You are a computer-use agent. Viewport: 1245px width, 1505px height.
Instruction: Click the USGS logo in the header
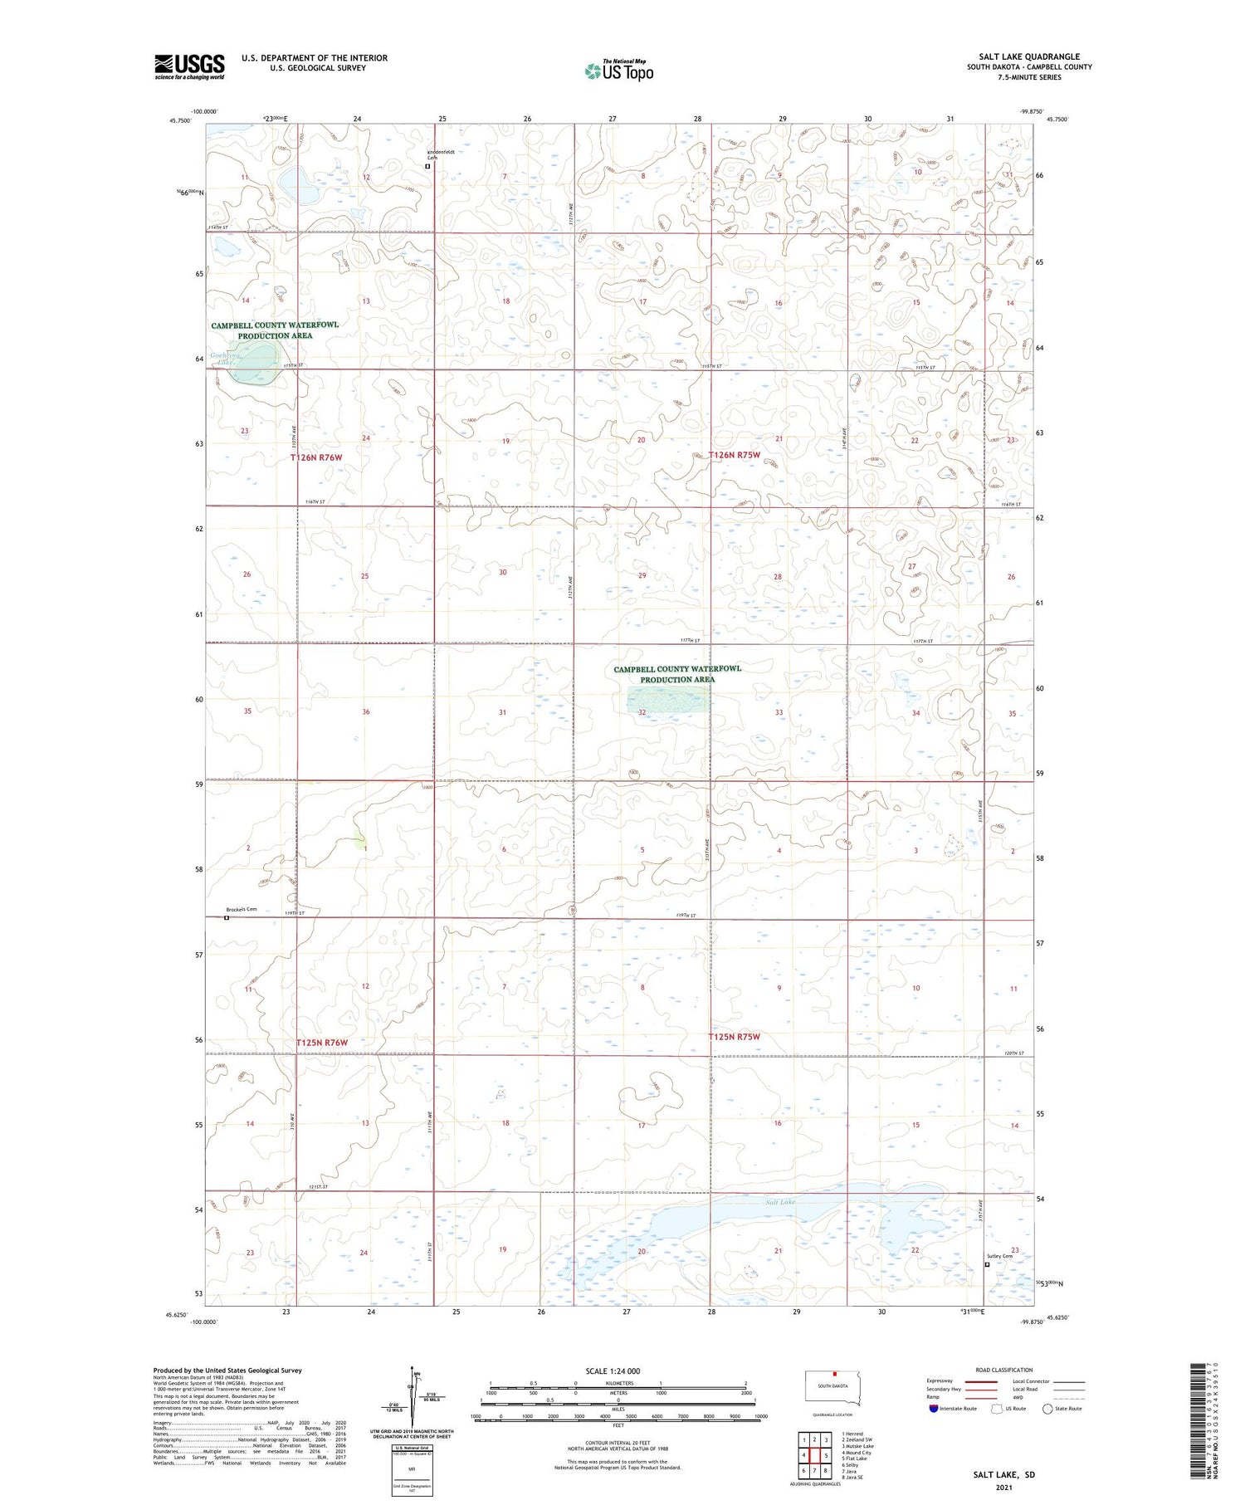click(x=189, y=66)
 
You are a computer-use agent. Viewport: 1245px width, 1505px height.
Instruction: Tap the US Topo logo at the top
click(x=618, y=71)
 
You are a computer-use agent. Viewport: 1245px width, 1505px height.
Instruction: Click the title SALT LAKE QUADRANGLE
click(x=1028, y=56)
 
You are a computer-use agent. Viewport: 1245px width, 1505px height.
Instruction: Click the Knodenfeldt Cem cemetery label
click(x=440, y=154)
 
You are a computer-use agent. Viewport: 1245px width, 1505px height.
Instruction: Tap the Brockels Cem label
click(x=241, y=909)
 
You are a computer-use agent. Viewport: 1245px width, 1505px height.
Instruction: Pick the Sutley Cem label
click(x=1000, y=1256)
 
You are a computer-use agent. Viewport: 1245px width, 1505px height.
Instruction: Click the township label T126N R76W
click(x=316, y=457)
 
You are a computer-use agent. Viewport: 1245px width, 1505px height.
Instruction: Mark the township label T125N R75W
click(x=734, y=1037)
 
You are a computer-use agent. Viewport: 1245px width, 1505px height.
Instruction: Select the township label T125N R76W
click(x=322, y=1043)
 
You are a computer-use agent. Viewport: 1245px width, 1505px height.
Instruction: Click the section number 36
click(x=366, y=711)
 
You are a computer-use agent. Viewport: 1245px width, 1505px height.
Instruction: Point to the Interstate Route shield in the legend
click(x=934, y=1409)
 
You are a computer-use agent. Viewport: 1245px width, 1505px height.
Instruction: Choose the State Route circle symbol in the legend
click(x=1047, y=1409)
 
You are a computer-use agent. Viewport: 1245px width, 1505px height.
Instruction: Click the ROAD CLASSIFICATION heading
click(x=1004, y=1370)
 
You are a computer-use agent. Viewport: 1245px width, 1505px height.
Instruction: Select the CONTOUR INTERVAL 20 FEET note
click(x=618, y=1443)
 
